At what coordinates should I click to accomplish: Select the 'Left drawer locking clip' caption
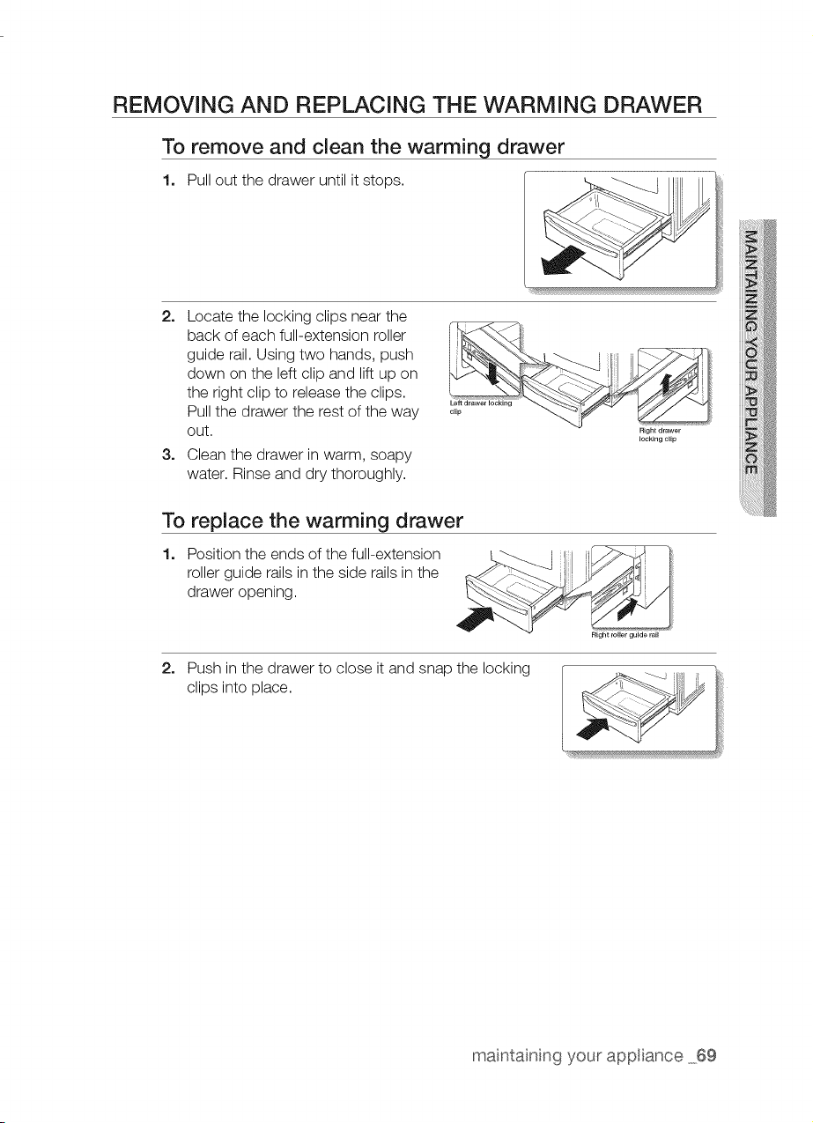coord(480,407)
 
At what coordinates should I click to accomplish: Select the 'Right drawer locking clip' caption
coord(659,434)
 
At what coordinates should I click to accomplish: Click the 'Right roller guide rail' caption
coord(625,635)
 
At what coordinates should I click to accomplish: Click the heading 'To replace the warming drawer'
coord(312,521)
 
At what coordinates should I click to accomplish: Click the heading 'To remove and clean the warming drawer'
coord(363,147)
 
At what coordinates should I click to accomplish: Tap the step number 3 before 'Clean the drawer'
coord(167,454)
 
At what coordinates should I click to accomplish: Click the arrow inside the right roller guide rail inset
coord(626,608)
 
